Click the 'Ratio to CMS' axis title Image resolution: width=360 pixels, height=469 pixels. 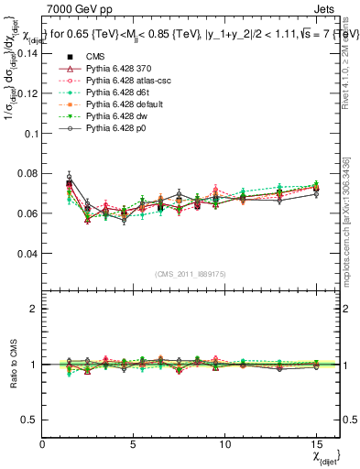tap(12, 365)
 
